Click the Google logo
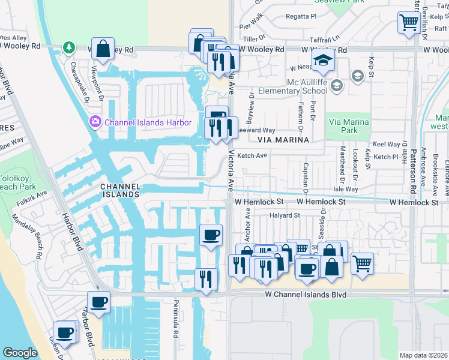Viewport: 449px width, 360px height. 20,353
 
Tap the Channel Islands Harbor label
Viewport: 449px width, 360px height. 148,122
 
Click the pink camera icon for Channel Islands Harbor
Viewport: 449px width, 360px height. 95,122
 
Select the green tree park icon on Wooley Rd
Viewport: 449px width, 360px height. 70,47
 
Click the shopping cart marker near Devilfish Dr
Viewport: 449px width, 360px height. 409,23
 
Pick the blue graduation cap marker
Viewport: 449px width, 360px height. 324,61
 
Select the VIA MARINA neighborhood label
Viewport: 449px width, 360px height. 283,139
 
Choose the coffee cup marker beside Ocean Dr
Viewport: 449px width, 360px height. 64,332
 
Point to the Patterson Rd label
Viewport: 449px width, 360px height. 414,174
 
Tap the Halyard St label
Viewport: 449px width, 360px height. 284,215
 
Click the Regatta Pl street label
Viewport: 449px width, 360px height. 309,16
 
